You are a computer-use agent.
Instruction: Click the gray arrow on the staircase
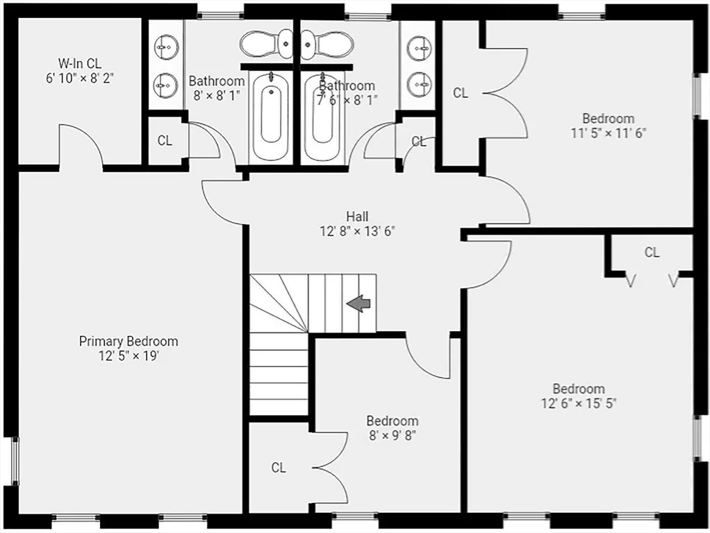click(x=358, y=303)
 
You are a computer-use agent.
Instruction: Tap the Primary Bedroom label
click(x=129, y=341)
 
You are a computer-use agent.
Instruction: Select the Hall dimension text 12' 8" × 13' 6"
click(x=358, y=231)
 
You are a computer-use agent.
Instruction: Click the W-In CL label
click(x=80, y=63)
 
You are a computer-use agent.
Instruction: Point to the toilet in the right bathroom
click(x=327, y=44)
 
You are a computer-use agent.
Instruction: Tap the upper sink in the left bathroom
click(x=166, y=46)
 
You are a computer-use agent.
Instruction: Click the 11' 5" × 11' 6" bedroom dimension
click(x=608, y=133)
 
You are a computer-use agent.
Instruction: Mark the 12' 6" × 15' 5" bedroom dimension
click(x=579, y=403)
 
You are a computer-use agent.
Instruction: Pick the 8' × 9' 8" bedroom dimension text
click(x=393, y=435)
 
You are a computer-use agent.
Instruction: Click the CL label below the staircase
click(x=279, y=467)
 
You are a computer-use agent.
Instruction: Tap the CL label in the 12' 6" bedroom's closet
click(x=652, y=252)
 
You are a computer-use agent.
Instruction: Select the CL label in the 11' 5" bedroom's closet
click(x=461, y=93)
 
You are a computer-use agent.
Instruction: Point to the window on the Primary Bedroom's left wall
click(x=15, y=461)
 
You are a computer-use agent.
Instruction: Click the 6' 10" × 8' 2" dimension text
click(x=80, y=78)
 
